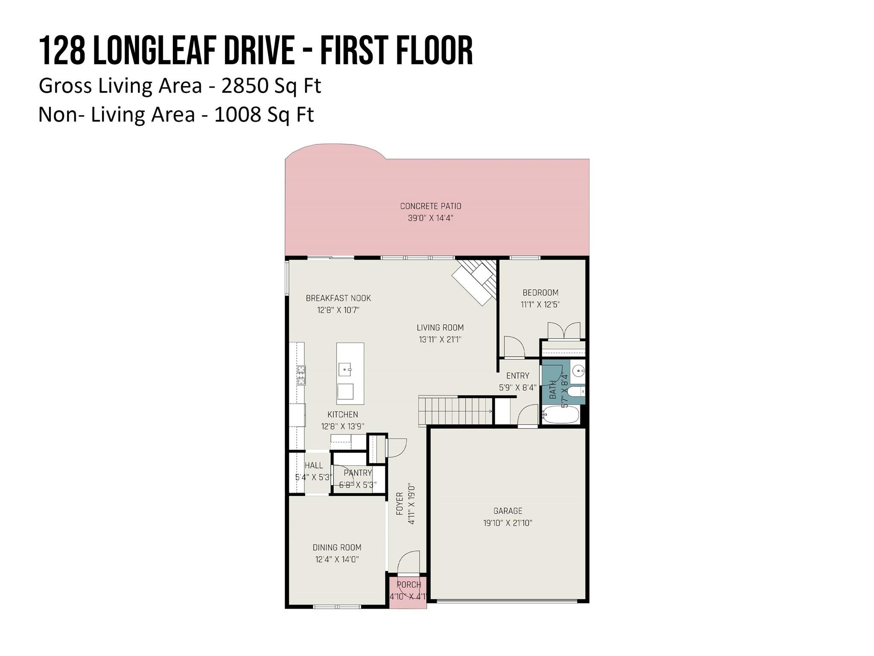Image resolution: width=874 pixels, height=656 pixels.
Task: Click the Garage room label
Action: coord(507,511)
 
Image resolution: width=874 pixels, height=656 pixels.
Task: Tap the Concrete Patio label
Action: coord(431,206)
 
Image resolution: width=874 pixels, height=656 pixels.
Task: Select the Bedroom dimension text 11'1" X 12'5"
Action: coord(540,305)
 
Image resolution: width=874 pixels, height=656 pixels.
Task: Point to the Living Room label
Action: coord(440,328)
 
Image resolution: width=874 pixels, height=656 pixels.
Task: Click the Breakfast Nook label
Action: coord(338,298)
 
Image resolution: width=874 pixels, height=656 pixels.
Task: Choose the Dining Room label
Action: coord(337,548)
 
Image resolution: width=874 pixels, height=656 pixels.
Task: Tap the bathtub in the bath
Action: coord(561,414)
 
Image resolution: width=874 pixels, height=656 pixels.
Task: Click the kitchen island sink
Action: coord(345,369)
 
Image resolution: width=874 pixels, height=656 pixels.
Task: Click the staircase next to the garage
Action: coord(455,411)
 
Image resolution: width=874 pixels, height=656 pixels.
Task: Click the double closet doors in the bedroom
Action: coord(564,331)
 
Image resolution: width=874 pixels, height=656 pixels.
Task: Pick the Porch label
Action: coord(409,585)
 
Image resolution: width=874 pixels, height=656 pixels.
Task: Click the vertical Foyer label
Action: coord(399,504)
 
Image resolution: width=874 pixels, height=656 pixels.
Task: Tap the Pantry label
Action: coord(358,473)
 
